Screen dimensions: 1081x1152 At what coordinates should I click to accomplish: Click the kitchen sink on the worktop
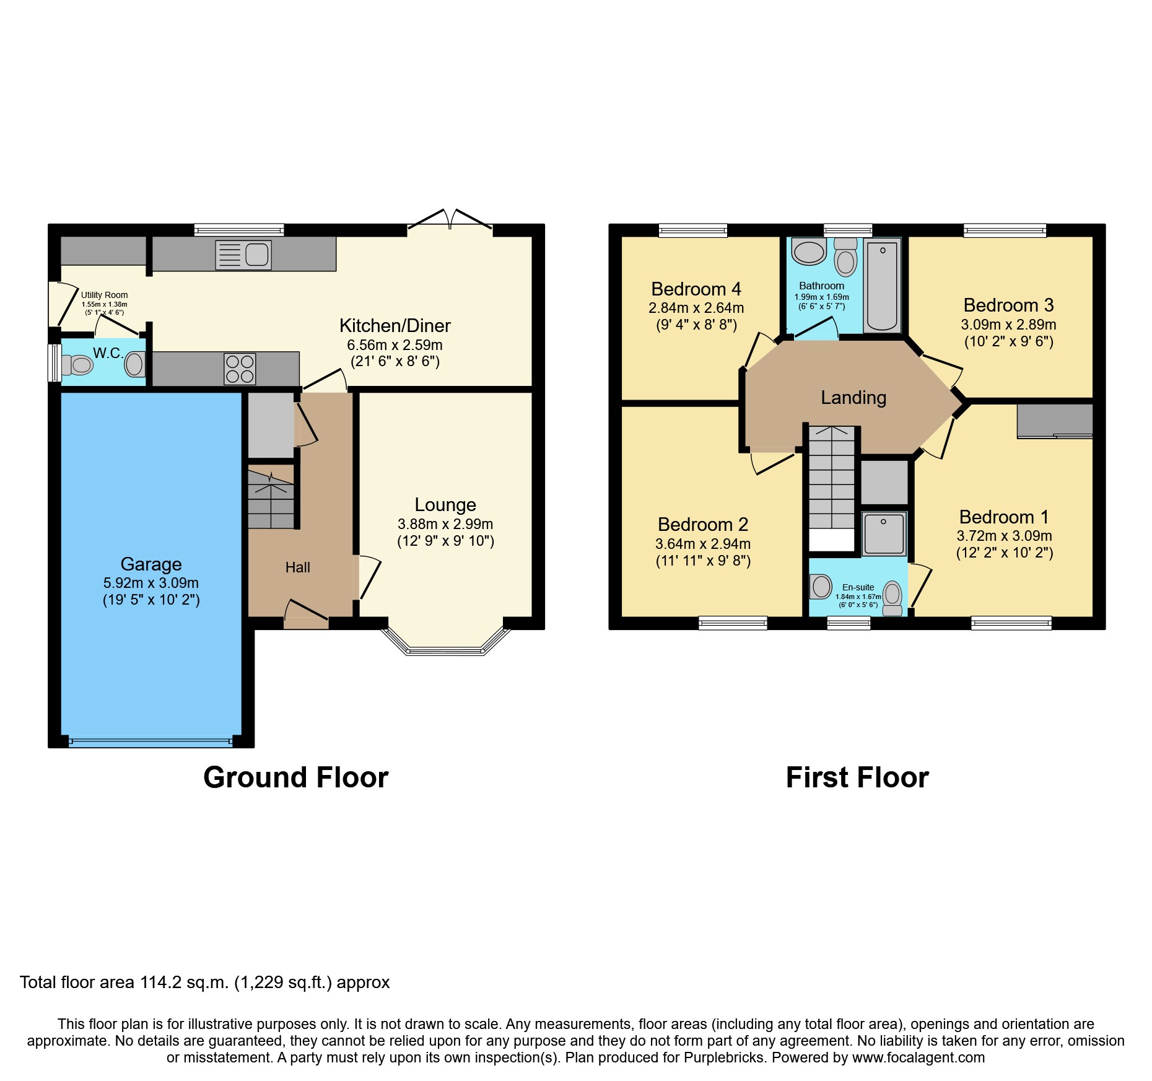pos(243,255)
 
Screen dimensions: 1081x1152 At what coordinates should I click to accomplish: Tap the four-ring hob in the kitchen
pos(240,369)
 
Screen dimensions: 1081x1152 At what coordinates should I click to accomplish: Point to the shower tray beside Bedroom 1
pos(884,533)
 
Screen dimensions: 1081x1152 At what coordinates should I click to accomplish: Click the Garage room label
pos(151,564)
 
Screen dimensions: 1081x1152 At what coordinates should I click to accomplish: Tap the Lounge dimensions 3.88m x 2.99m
pos(445,524)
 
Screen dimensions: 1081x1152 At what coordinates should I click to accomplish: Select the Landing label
pos(853,398)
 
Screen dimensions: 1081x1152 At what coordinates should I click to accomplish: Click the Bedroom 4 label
pos(696,289)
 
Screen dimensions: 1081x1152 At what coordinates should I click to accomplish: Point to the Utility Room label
pos(105,295)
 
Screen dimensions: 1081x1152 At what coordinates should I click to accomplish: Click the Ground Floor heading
pos(295,777)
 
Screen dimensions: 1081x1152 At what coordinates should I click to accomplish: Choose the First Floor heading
pos(857,777)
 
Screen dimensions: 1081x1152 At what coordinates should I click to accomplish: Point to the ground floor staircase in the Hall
pos(271,499)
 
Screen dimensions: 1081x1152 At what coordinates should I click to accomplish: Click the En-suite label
pos(858,587)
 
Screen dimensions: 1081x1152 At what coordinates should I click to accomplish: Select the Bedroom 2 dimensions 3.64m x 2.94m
pos(703,544)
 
